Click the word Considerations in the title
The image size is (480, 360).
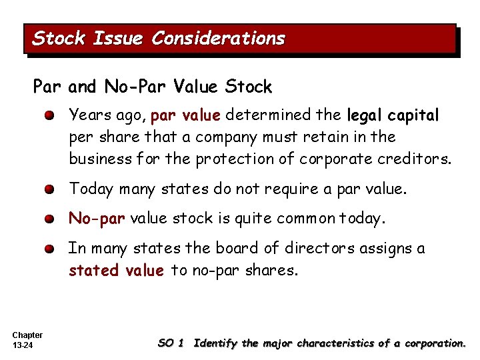click(x=218, y=39)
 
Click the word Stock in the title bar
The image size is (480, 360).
click(x=59, y=39)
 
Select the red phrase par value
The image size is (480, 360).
click(x=185, y=115)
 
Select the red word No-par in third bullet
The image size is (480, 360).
click(x=97, y=218)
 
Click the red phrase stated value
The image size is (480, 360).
click(x=116, y=270)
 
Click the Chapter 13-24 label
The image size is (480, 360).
click(x=27, y=340)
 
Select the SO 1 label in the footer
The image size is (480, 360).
click(x=171, y=343)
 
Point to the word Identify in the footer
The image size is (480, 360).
click(x=215, y=343)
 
